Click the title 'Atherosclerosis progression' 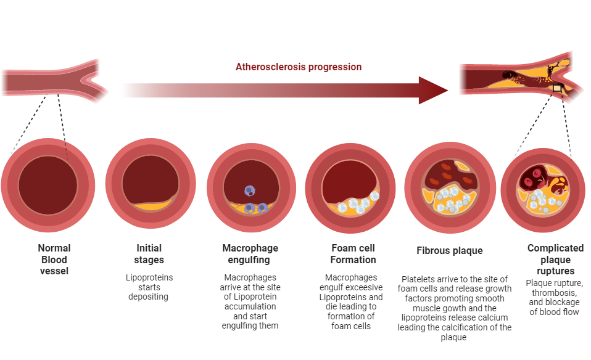click(x=299, y=67)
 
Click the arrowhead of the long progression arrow click(x=432, y=91)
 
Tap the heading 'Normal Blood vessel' click(x=54, y=260)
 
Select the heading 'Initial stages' click(x=149, y=254)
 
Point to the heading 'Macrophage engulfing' click(x=250, y=254)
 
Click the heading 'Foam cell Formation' click(x=353, y=254)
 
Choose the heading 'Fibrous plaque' click(x=450, y=250)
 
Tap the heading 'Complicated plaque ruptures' click(x=556, y=260)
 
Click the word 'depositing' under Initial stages click(x=148, y=297)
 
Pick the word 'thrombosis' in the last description click(x=553, y=293)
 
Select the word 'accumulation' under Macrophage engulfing click(x=250, y=306)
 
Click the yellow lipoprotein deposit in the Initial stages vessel click(x=152, y=206)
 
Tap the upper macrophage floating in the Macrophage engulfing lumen click(x=249, y=191)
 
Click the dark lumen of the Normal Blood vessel click(x=48, y=186)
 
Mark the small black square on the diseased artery click(x=557, y=89)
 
